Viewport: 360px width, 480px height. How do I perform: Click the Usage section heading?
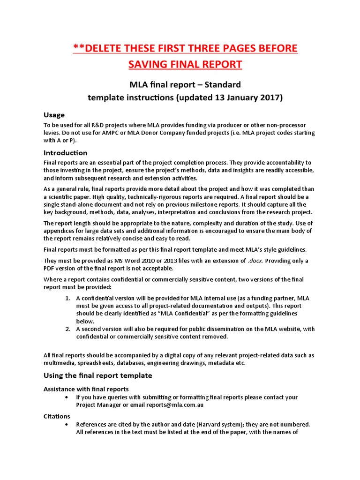(54, 115)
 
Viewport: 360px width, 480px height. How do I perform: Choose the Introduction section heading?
(65, 153)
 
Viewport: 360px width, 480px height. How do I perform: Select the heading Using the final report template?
(97, 375)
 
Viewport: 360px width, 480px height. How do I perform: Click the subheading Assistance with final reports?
(86, 389)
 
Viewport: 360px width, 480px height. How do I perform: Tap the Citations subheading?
(57, 416)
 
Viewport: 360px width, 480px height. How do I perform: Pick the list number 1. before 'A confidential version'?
(67, 299)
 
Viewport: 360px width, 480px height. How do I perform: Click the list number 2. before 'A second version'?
(67, 329)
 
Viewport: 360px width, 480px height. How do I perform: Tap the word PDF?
(50, 268)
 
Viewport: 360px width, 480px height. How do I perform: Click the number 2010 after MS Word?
(135, 261)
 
